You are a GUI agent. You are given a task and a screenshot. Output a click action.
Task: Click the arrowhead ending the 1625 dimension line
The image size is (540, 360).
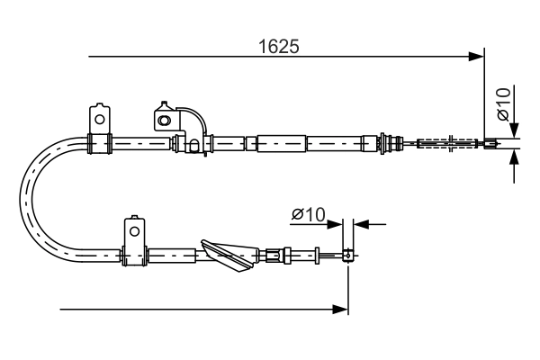click(477, 57)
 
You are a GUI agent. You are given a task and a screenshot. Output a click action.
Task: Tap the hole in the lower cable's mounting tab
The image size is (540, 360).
click(133, 230)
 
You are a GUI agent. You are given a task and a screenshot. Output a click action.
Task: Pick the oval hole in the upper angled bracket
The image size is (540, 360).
click(164, 118)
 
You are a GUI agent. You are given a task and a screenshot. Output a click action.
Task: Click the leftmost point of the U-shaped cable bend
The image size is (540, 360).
click(22, 198)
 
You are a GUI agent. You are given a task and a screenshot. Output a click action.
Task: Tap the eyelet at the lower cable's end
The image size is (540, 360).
click(347, 256)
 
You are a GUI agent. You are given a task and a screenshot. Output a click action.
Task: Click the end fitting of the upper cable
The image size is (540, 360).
click(490, 142)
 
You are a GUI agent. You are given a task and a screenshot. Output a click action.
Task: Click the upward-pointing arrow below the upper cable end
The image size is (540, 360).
click(514, 159)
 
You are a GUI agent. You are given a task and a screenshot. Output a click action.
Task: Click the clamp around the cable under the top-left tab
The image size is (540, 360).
click(98, 142)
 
